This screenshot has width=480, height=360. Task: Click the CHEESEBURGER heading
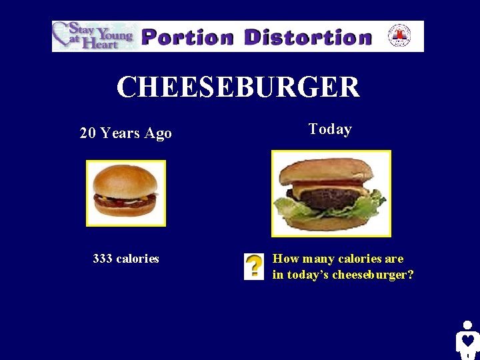click(x=238, y=87)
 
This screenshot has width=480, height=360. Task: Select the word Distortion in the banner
click(x=307, y=37)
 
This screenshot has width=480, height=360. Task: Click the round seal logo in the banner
click(x=399, y=36)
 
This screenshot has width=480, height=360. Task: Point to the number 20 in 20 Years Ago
click(x=87, y=133)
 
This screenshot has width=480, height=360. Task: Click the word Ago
click(x=158, y=133)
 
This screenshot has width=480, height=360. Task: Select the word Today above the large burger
click(x=330, y=129)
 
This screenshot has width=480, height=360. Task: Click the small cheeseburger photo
click(x=125, y=193)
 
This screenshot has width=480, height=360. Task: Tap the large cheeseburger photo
click(x=331, y=193)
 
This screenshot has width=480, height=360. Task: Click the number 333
click(x=103, y=259)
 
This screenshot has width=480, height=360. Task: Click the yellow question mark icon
click(x=253, y=266)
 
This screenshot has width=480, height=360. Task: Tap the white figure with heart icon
click(x=467, y=341)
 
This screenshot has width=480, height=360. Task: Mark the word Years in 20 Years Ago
click(x=121, y=133)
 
